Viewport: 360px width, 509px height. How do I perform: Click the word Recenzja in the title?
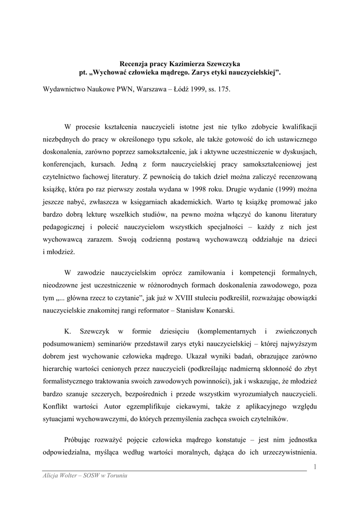click(136, 64)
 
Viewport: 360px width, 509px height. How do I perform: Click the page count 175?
click(224, 92)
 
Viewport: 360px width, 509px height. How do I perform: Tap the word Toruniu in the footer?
click(116, 476)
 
